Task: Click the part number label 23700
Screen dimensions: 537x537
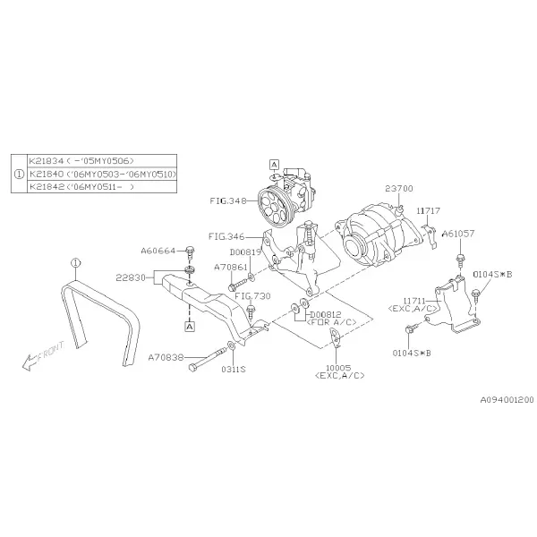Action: point(399,188)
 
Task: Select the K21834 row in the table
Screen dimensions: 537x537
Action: point(81,160)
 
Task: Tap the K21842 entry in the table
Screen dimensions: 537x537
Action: point(81,187)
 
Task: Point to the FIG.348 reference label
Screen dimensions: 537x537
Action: point(228,200)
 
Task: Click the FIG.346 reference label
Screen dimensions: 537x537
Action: point(226,236)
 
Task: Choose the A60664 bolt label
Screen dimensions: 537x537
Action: point(158,251)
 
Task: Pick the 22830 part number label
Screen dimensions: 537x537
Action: point(131,277)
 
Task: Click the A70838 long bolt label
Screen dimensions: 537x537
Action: point(166,357)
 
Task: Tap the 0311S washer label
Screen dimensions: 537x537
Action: point(234,369)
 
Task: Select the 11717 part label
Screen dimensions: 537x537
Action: point(428,210)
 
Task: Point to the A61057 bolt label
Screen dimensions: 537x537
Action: point(458,234)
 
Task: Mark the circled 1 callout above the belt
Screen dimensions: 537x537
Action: point(75,263)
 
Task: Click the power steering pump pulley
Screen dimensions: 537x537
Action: point(273,207)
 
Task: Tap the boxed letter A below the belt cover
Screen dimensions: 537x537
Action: point(190,327)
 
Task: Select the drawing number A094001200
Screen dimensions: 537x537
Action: point(507,400)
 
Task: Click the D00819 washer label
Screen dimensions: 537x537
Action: point(245,252)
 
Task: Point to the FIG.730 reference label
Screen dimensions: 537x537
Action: point(252,296)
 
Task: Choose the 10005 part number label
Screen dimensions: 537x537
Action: point(338,368)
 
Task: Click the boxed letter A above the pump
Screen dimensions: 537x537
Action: point(274,165)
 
